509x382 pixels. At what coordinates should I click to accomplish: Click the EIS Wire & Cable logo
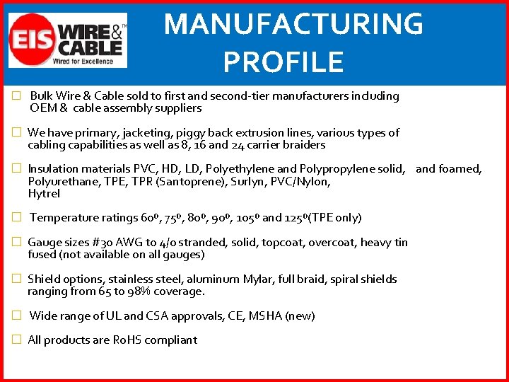pos(67,40)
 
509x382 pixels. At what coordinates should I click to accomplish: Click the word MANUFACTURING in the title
pos(293,25)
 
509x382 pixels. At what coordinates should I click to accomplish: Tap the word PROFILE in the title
pos(283,62)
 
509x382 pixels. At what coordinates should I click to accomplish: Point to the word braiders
pos(303,145)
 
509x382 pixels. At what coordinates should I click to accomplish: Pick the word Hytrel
pos(44,194)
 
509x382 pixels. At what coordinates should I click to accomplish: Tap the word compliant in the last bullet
pos(170,340)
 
